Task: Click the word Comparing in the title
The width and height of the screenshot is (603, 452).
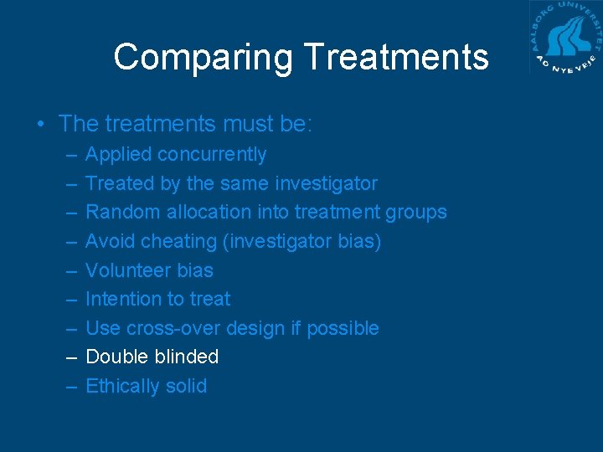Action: click(204, 58)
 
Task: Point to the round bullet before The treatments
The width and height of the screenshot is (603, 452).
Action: click(41, 125)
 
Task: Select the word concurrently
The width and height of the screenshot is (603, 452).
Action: click(212, 155)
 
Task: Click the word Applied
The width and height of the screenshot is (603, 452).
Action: click(119, 155)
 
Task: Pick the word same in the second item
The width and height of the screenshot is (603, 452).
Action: click(247, 183)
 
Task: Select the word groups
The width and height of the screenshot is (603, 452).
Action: click(416, 213)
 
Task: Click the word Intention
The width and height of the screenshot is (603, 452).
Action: click(125, 299)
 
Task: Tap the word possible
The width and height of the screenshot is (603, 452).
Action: click(343, 328)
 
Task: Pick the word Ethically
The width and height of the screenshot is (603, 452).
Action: click(124, 386)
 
